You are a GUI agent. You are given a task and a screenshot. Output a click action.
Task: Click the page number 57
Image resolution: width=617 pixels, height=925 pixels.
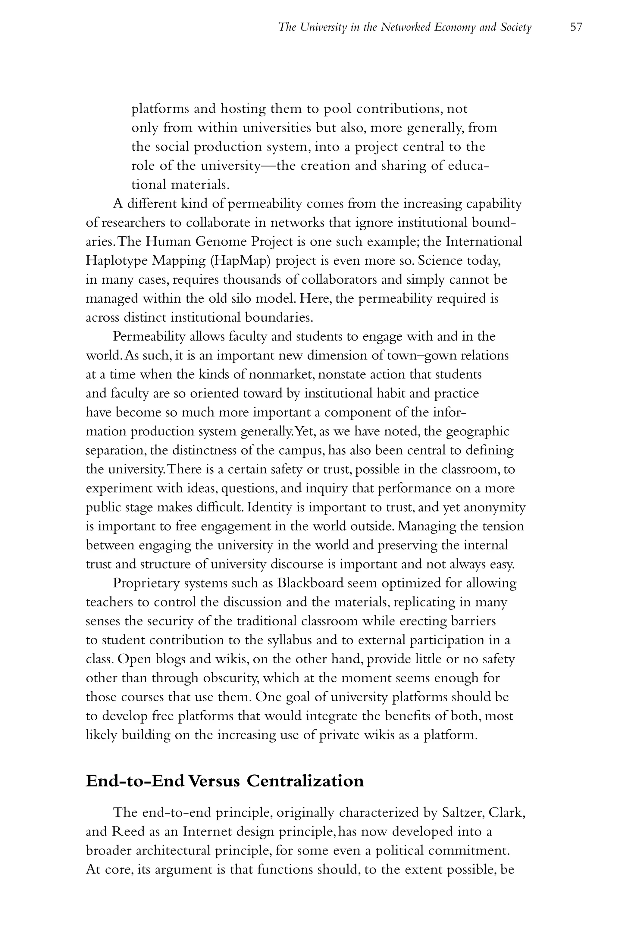pyautogui.click(x=576, y=27)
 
